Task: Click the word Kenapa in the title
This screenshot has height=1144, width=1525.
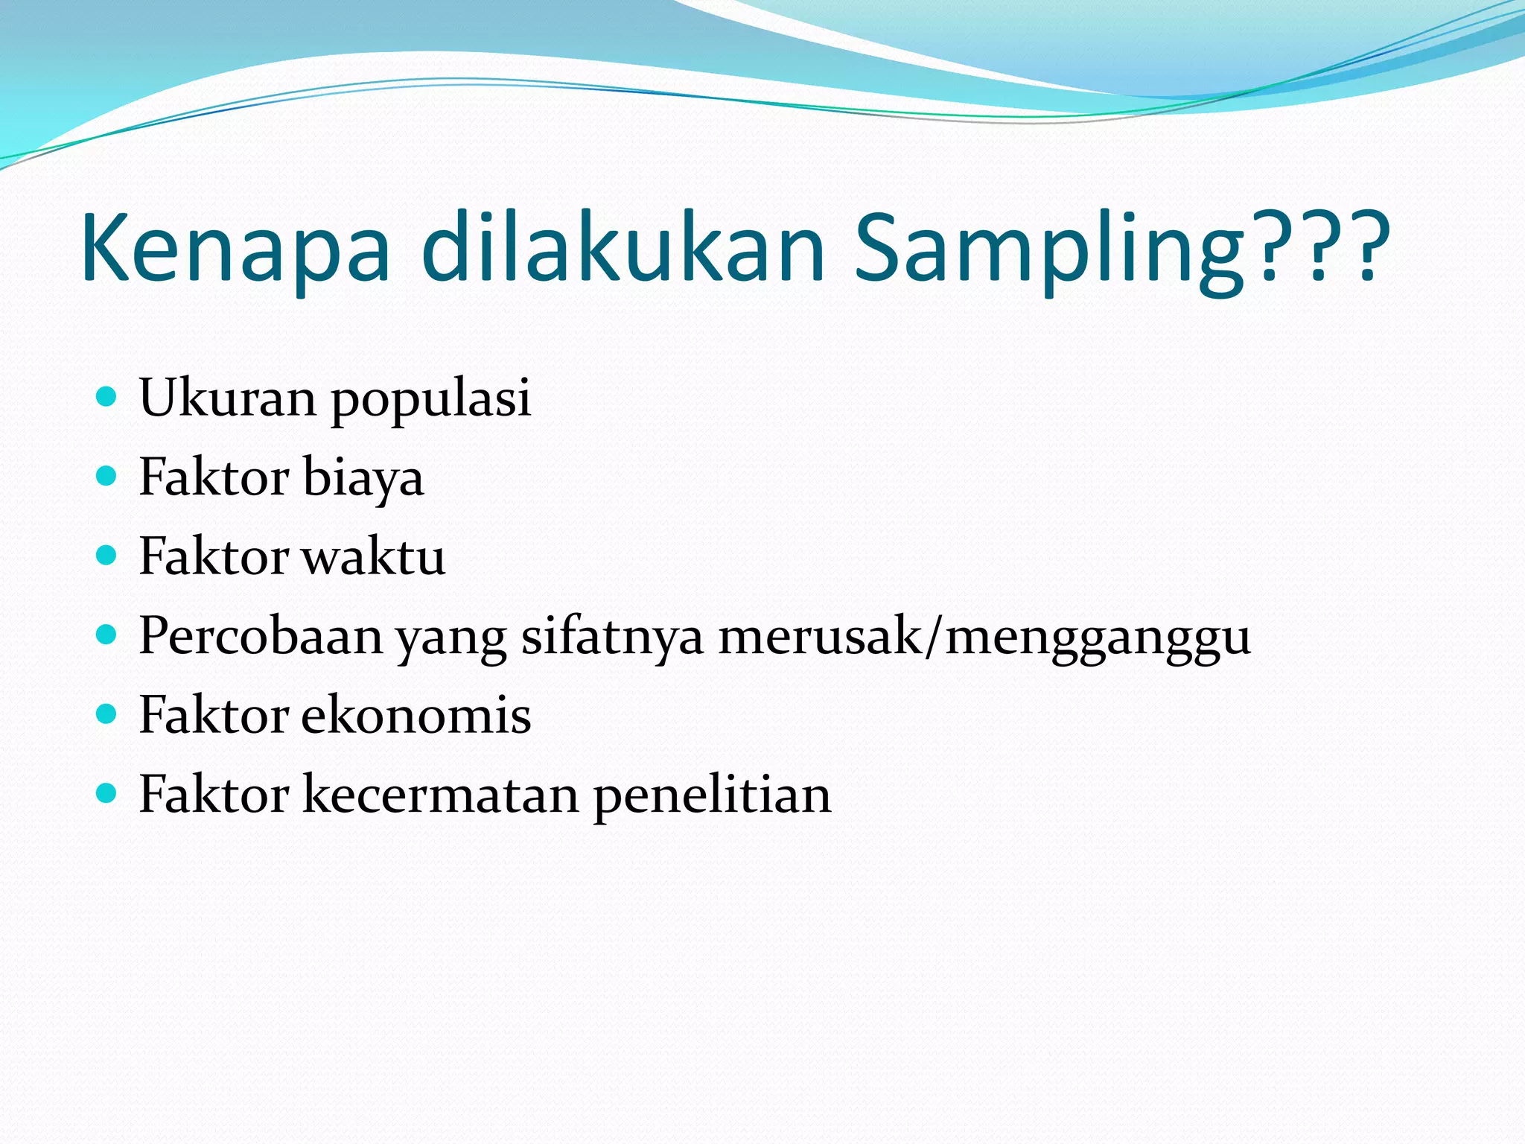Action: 235,248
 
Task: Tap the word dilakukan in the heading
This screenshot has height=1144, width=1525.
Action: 623,248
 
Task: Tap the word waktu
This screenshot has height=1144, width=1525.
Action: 373,556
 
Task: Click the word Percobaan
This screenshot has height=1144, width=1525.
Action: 261,636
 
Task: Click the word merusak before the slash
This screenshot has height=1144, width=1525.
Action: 819,636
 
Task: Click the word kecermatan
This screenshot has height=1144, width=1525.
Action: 441,795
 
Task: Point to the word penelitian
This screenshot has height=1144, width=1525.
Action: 712,796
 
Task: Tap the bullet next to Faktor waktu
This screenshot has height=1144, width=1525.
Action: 107,555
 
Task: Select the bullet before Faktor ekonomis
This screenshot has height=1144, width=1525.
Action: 107,714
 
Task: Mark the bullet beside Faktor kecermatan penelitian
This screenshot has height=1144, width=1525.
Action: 107,794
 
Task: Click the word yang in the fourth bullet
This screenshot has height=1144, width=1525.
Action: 451,639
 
